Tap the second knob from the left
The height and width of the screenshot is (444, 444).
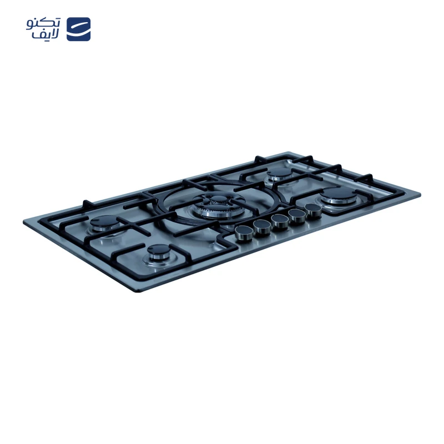pyautogui.click(x=262, y=228)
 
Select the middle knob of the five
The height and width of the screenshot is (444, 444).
pyautogui.click(x=280, y=221)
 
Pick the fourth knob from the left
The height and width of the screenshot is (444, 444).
pyautogui.click(x=297, y=216)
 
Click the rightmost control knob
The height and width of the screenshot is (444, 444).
pyautogui.click(x=314, y=210)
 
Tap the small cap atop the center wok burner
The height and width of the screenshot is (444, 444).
pyautogui.click(x=218, y=199)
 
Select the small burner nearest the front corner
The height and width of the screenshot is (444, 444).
pyautogui.click(x=159, y=253)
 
